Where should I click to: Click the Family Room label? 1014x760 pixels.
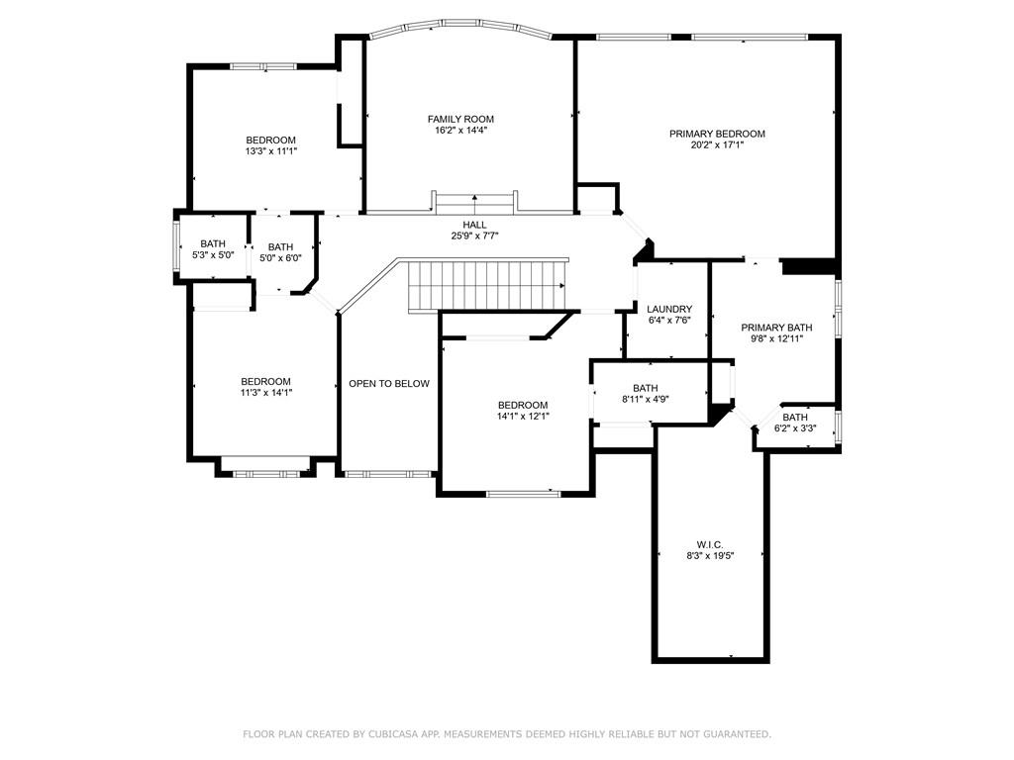pos(460,119)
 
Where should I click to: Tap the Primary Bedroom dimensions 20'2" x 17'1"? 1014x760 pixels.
pos(717,144)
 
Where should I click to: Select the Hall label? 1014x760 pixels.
pos(474,225)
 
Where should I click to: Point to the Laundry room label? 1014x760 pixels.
pos(669,309)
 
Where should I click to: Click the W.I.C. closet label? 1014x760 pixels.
pos(710,545)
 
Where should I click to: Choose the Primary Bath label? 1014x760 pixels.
pos(776,328)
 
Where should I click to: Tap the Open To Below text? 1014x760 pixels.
pos(389,383)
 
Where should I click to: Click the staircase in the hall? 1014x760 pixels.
pos(487,286)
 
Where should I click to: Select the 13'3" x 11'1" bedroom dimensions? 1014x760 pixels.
pos(271,151)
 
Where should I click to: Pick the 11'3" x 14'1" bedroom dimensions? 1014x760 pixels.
pos(265,392)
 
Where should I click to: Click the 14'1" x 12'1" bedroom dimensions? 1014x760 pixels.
pos(523,417)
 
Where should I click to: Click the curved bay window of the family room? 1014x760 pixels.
pos(459,25)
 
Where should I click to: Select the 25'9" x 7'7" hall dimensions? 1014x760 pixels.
pos(474,236)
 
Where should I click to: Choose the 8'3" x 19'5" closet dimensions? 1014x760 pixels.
pos(710,556)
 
